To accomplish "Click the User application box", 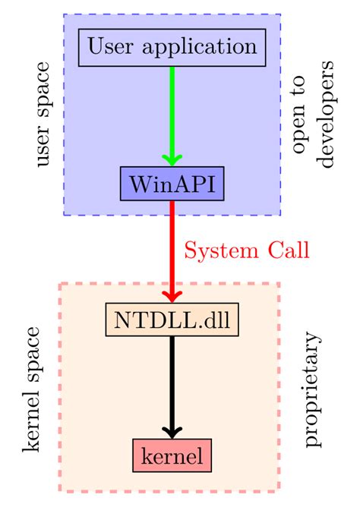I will click(x=172, y=47).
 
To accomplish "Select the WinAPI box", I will click(x=172, y=184).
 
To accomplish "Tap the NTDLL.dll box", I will click(x=172, y=320).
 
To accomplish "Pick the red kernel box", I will click(x=172, y=456).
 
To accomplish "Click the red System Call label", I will click(x=248, y=251).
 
